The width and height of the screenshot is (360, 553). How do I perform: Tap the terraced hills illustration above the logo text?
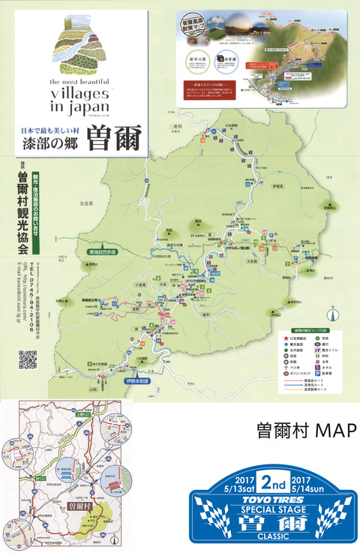click(84, 45)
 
